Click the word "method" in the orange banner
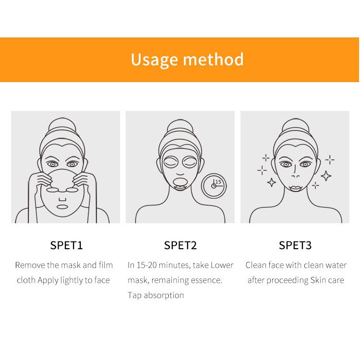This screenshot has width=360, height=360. (x=213, y=59)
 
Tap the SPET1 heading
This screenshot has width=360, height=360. (x=66, y=245)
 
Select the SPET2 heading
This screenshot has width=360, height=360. (x=180, y=245)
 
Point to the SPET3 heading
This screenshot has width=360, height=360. (x=295, y=245)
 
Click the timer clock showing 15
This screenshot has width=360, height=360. (x=214, y=185)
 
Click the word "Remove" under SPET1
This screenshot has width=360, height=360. (x=30, y=265)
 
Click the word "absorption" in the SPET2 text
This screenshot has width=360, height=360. (x=164, y=296)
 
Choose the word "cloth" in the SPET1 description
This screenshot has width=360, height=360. (x=26, y=280)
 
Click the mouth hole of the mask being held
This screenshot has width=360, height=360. (x=62, y=207)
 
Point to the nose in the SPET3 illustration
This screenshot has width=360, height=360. (x=296, y=173)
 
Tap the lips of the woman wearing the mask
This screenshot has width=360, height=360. (x=180, y=188)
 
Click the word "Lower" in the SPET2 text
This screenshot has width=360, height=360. (x=222, y=265)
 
